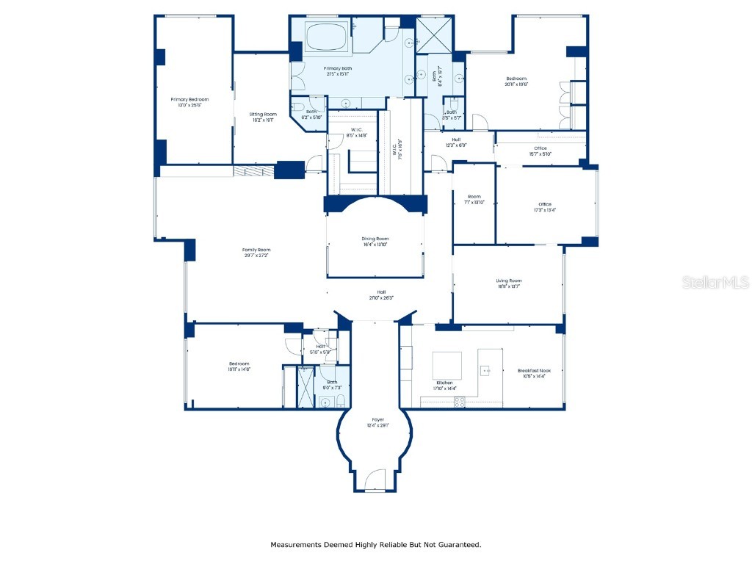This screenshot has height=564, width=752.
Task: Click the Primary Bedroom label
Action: [x=189, y=99]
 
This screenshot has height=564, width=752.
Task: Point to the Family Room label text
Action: [x=256, y=250]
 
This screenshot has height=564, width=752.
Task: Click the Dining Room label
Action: [x=375, y=239]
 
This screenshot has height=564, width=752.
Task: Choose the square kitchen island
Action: [x=446, y=365]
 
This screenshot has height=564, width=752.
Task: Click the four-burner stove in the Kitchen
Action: [x=460, y=402]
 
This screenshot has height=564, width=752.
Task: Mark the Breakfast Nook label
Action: [x=534, y=371]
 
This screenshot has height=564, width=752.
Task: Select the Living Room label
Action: [x=508, y=281]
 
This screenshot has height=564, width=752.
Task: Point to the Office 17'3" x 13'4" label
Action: [x=544, y=204]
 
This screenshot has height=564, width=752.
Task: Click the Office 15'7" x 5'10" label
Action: [x=540, y=148]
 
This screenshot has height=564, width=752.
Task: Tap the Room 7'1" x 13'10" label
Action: [x=474, y=197]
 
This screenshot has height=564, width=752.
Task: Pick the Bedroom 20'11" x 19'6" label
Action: [x=516, y=79]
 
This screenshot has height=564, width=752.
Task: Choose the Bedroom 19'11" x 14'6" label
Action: [x=239, y=364]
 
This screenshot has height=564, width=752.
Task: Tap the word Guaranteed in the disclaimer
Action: [x=457, y=545]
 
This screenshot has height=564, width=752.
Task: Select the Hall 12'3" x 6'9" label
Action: [x=456, y=140]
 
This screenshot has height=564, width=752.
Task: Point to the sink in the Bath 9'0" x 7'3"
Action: [x=325, y=401]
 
